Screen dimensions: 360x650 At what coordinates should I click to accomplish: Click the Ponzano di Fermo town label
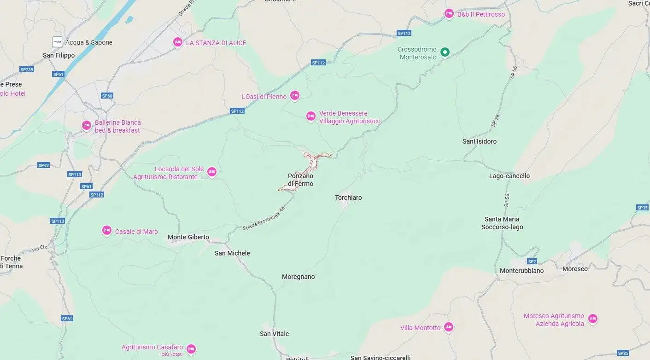[300, 180]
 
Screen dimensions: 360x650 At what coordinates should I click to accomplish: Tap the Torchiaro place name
[348, 197]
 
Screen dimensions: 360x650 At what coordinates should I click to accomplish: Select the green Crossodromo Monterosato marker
[445, 52]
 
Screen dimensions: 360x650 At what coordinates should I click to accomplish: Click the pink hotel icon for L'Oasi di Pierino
[295, 96]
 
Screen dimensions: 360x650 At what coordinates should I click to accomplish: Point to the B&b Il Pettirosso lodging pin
[449, 14]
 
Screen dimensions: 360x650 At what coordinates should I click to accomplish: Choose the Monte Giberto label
[188, 238]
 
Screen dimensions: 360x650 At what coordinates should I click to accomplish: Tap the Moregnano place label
[298, 277]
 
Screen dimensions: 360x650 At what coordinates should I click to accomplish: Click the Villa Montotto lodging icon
[448, 327]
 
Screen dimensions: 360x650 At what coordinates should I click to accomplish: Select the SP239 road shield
[27, 70]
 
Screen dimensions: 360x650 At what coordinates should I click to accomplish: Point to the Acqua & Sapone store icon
[58, 42]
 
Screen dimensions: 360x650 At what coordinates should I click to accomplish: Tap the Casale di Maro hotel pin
[107, 231]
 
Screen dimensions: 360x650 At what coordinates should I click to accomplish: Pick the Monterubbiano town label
[521, 271]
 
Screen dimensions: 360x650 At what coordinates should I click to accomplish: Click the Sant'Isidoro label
[479, 141]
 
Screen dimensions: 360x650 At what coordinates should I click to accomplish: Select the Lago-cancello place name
[509, 176]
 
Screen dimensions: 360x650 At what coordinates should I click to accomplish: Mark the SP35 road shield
[642, 208]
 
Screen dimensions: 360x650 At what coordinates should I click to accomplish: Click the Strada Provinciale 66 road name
[264, 219]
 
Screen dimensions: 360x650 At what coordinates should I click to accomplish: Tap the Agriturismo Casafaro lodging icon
[191, 349]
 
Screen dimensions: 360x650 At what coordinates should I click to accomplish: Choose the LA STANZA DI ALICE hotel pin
[178, 42]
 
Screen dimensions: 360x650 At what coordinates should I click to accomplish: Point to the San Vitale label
[274, 334]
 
